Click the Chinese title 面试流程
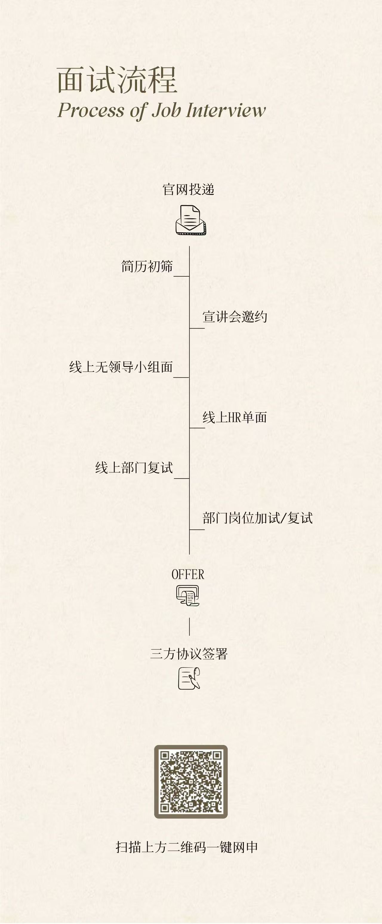[x=117, y=80]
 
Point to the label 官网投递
[x=189, y=189]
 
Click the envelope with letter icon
[x=191, y=220]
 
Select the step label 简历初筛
[x=147, y=266]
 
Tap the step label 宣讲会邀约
[x=235, y=317]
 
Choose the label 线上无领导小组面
[x=121, y=367]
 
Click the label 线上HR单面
[x=235, y=417]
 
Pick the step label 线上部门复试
[x=134, y=468]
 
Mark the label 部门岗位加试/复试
[x=258, y=518]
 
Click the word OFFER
[x=188, y=574]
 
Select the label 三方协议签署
[x=189, y=654]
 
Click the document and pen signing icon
[x=189, y=678]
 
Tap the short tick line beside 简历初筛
[x=182, y=276]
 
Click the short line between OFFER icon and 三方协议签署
[x=190, y=627]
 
